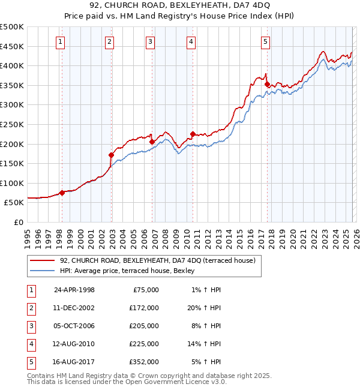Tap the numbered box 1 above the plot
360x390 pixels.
click(x=62, y=41)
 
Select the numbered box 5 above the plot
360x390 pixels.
click(x=265, y=41)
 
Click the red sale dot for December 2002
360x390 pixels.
click(x=112, y=155)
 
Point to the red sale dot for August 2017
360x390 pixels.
click(x=267, y=85)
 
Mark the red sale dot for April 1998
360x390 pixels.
click(x=62, y=193)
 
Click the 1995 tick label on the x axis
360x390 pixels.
click(x=28, y=234)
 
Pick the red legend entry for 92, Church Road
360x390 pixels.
click(x=157, y=260)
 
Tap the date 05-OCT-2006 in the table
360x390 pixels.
click(x=74, y=326)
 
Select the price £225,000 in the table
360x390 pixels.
click(x=144, y=344)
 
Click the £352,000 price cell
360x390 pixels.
click(x=144, y=362)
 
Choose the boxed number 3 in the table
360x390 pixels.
click(x=29, y=326)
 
